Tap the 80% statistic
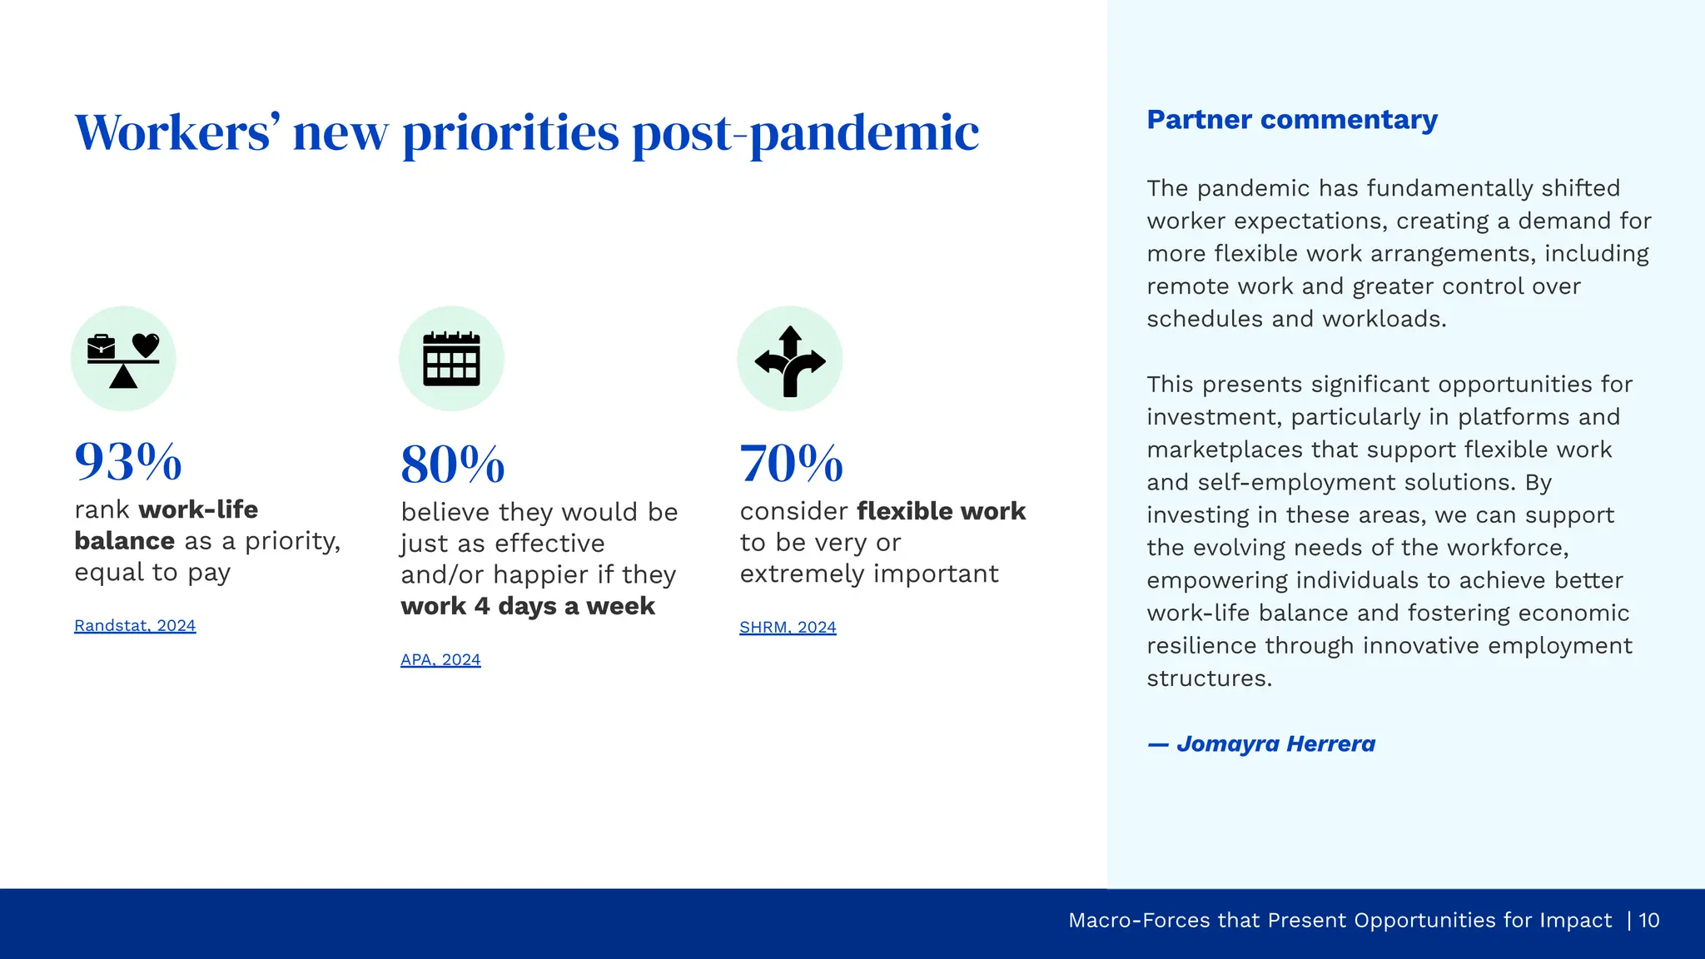tap(453, 465)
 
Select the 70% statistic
tap(791, 464)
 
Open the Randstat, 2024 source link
tap(135, 625)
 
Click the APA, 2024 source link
tap(440, 659)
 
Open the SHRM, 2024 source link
tap(788, 627)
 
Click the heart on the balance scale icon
tap(146, 344)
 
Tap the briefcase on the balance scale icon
tap(102, 346)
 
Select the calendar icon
tap(451, 359)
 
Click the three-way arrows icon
tap(790, 360)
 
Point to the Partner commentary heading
tap(1292, 120)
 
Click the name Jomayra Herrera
tap(1275, 743)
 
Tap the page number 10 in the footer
tap(1649, 920)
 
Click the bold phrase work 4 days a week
tap(528, 606)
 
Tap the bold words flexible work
tap(941, 510)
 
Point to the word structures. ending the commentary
tap(1209, 678)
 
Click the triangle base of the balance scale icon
tap(123, 378)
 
